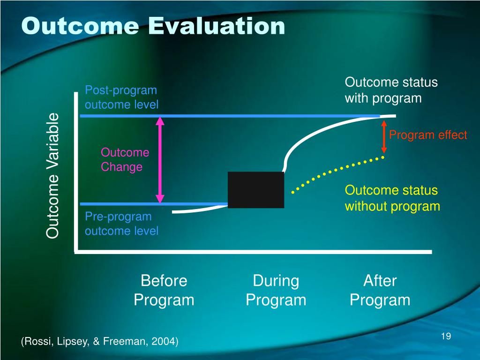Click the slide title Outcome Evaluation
point(153,26)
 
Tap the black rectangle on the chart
point(256,190)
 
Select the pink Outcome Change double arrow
point(160,160)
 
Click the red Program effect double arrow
point(384,136)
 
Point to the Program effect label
point(428,135)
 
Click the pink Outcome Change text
point(125,159)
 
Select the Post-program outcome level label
point(121,97)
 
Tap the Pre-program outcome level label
point(121,224)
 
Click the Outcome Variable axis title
point(52,175)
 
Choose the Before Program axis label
point(164,290)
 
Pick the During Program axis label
point(276,290)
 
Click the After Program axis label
point(380,290)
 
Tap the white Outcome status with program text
point(391,90)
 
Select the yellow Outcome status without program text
point(392,198)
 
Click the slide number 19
point(446,336)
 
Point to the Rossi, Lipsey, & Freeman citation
point(100,341)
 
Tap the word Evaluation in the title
point(217,26)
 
